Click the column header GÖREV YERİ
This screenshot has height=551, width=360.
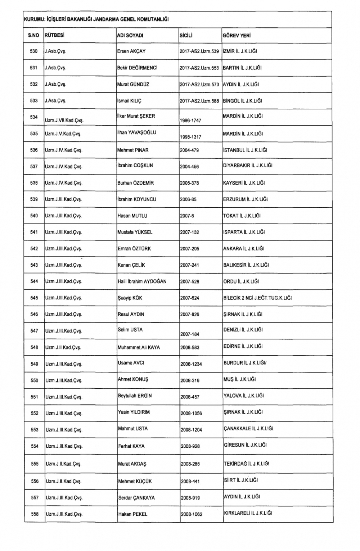(x=237, y=36)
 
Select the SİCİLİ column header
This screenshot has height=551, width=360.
(x=186, y=36)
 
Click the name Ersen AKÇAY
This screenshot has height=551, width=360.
(x=131, y=51)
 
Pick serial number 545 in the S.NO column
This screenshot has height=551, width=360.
(x=34, y=298)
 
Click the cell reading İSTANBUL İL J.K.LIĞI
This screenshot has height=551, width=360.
(x=245, y=150)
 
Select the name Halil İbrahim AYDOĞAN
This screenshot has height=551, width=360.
(x=142, y=281)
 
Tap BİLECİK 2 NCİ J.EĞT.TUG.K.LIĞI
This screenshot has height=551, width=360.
(x=257, y=298)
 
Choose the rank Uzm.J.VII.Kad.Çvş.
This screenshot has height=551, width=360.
(x=64, y=120)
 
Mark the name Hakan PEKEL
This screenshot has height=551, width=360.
(x=132, y=514)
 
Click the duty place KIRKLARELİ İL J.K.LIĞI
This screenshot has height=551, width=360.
(x=248, y=513)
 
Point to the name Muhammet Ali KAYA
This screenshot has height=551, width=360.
(x=139, y=348)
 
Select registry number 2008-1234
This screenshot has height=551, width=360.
(x=191, y=364)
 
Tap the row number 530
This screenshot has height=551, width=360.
(x=33, y=51)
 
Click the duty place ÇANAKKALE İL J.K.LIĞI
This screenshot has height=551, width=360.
(x=248, y=428)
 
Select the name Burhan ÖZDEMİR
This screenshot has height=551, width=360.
(x=135, y=183)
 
